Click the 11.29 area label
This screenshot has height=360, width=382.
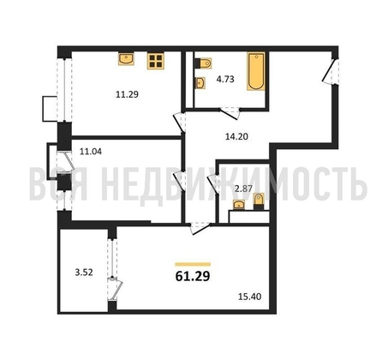coord(127,94)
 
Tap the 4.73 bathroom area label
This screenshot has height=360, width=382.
coord(225,79)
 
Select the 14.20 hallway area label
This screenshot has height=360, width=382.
coord(236,136)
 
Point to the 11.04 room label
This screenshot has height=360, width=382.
coord(91,151)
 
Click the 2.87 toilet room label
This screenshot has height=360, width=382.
coord(243,189)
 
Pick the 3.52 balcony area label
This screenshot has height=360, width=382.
coord(84,273)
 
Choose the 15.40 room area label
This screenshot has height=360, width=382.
coord(250,297)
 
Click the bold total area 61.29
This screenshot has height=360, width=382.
coord(193,276)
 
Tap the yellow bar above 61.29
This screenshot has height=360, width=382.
coord(193,264)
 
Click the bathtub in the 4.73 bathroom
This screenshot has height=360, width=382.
coord(256,71)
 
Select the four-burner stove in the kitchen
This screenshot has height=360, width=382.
coord(156,61)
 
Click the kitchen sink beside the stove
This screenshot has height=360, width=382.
coord(126,59)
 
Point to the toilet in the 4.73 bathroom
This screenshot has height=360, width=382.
coord(203,63)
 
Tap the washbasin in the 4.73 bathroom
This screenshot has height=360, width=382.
coord(200,83)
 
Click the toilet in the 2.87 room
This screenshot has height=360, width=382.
coord(259,201)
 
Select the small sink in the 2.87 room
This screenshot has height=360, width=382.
coord(239,205)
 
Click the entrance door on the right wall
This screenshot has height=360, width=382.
coord(331,71)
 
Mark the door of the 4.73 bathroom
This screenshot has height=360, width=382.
coord(230,113)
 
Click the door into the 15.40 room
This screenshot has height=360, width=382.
coord(200,229)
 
